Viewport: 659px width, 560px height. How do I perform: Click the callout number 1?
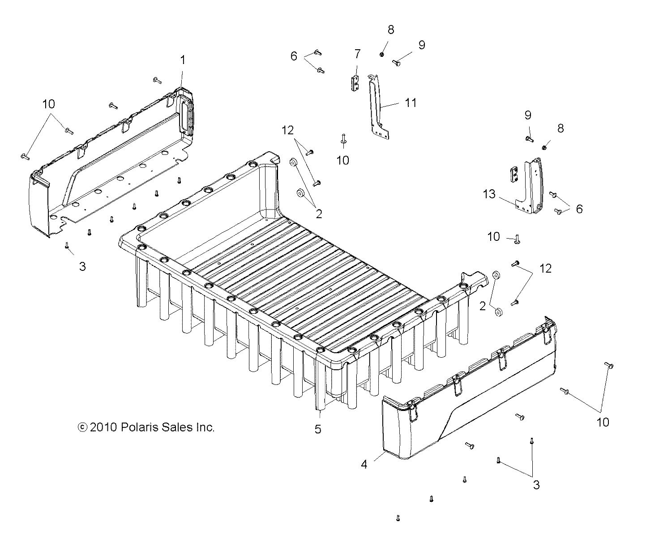tap(182, 60)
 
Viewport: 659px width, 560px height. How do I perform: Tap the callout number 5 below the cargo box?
tap(317, 429)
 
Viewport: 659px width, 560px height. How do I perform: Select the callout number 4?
tap(364, 465)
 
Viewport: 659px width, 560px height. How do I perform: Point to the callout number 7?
tap(357, 54)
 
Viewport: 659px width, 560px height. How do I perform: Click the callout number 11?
tap(411, 103)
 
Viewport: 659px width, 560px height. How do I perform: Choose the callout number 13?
tap(489, 194)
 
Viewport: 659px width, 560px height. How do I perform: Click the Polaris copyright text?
tap(146, 427)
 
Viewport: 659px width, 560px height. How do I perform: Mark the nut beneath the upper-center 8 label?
tap(382, 54)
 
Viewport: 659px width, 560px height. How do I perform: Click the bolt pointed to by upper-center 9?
tap(396, 63)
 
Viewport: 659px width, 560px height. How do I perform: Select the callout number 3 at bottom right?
tap(536, 484)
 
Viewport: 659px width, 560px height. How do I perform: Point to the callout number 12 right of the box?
tap(546, 268)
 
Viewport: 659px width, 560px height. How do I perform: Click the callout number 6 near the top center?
tap(294, 56)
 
